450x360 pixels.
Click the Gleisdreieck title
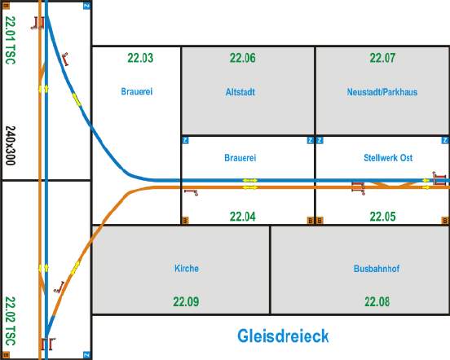[283, 336]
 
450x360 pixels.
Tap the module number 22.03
[140, 58]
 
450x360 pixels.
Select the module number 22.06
[242, 58]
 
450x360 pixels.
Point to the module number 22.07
[382, 58]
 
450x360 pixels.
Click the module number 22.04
[242, 217]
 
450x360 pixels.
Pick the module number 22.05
[382, 217]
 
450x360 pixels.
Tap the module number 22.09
[186, 301]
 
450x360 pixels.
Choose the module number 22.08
[377, 301]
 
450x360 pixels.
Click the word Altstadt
[240, 92]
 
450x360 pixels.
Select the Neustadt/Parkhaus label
[382, 92]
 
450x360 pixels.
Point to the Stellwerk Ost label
[388, 158]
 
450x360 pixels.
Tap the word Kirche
[187, 268]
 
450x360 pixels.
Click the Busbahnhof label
[377, 269]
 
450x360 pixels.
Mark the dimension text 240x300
[11, 145]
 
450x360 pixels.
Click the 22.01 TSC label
[11, 40]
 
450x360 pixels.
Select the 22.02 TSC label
[11, 321]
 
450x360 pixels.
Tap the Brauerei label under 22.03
[137, 92]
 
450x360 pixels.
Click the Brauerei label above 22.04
[240, 158]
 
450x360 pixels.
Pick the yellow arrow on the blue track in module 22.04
[250, 180]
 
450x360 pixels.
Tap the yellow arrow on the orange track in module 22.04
[250, 187]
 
